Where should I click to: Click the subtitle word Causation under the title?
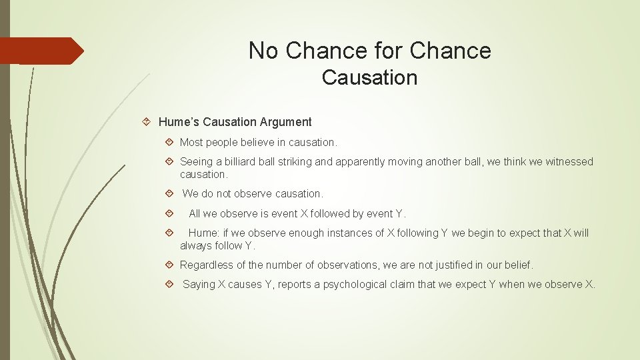tap(369, 77)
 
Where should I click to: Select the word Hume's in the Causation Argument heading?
tap(179, 122)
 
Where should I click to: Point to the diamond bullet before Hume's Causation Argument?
tap(148, 122)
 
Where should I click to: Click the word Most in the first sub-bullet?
tap(191, 143)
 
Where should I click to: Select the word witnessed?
tap(569, 162)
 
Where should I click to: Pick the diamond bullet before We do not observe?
tap(169, 194)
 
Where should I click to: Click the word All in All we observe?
tap(195, 214)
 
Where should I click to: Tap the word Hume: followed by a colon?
tap(203, 233)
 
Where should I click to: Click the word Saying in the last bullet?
tap(199, 285)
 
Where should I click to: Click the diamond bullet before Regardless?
tap(169, 265)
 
